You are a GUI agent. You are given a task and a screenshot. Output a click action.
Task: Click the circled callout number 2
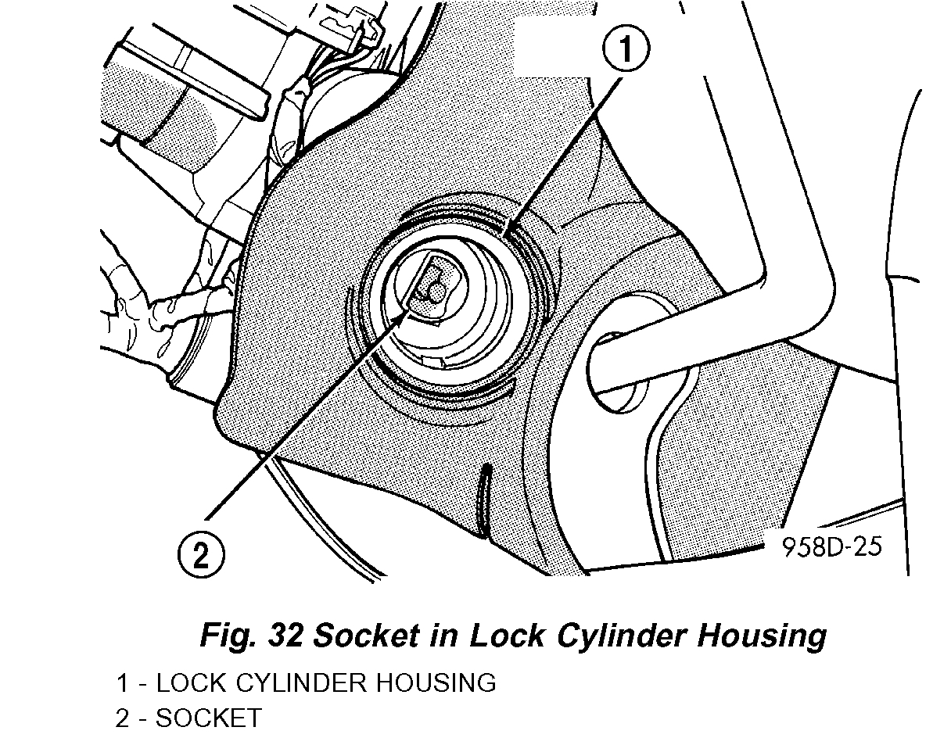[x=201, y=556]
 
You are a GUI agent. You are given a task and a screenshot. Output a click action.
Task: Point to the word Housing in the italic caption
[x=762, y=635]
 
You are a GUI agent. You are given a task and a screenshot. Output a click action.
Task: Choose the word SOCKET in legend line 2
[x=209, y=718]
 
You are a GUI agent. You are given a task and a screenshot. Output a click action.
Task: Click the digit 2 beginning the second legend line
[x=123, y=718]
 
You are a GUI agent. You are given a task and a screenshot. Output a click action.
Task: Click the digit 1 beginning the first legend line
[x=123, y=682]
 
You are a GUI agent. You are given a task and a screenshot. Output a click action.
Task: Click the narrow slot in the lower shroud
[x=485, y=500]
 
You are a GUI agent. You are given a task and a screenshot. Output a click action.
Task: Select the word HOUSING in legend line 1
[x=436, y=682]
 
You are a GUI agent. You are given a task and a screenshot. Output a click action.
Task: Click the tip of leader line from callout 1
[x=507, y=232]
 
